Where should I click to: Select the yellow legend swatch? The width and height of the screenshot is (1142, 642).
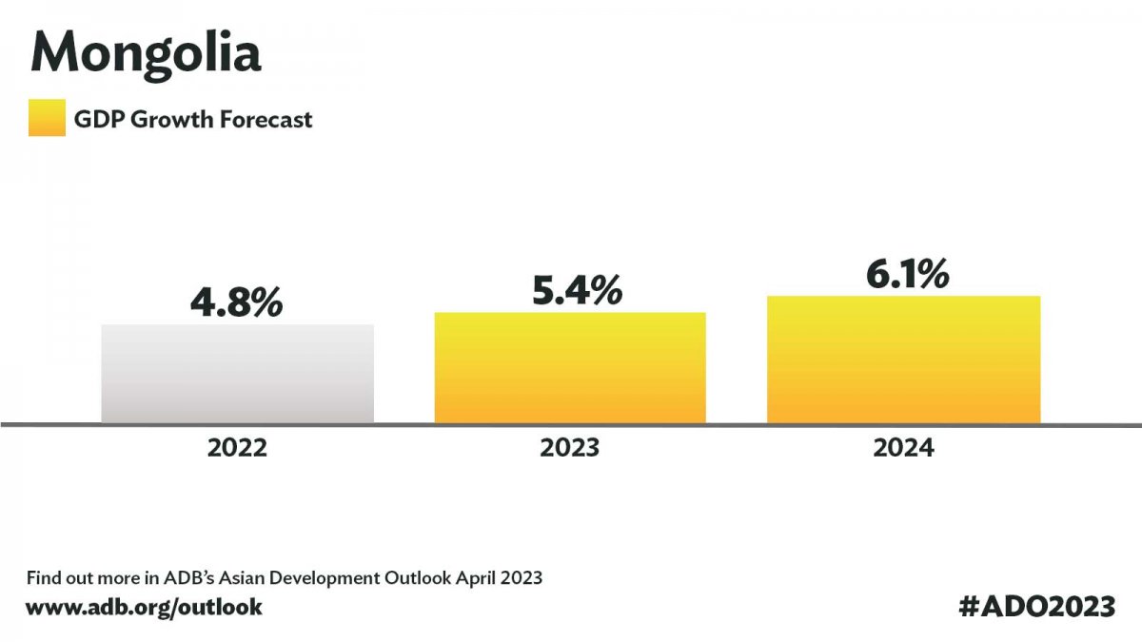click(47, 119)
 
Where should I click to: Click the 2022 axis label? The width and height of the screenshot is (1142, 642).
click(237, 447)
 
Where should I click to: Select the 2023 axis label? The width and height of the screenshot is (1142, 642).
click(570, 447)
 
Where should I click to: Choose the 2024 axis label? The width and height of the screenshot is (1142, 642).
click(903, 447)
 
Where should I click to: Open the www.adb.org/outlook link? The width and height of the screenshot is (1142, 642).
click(144, 606)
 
